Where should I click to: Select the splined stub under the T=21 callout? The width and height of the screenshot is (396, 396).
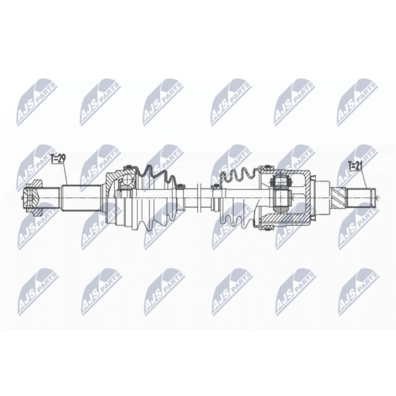pos(361,192)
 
